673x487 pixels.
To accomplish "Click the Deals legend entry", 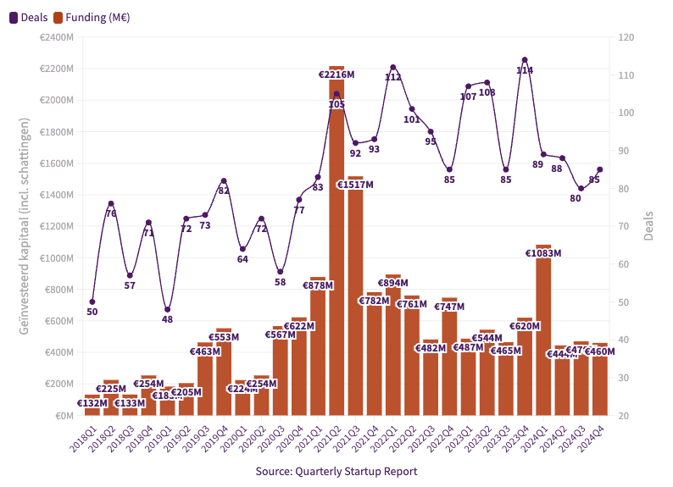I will point(28,17).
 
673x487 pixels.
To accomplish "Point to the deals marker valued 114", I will point(525,60).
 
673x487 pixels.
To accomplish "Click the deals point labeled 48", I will point(167,309).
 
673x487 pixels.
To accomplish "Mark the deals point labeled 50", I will point(92,302).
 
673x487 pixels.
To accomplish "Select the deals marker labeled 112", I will point(393,67).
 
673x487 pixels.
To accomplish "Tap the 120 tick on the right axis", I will point(627,37).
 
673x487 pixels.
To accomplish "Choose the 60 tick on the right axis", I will point(625,264).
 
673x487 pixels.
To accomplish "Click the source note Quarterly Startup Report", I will point(336,471).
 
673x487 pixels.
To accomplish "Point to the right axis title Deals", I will point(649,226).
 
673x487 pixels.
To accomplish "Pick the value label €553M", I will point(224,337).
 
